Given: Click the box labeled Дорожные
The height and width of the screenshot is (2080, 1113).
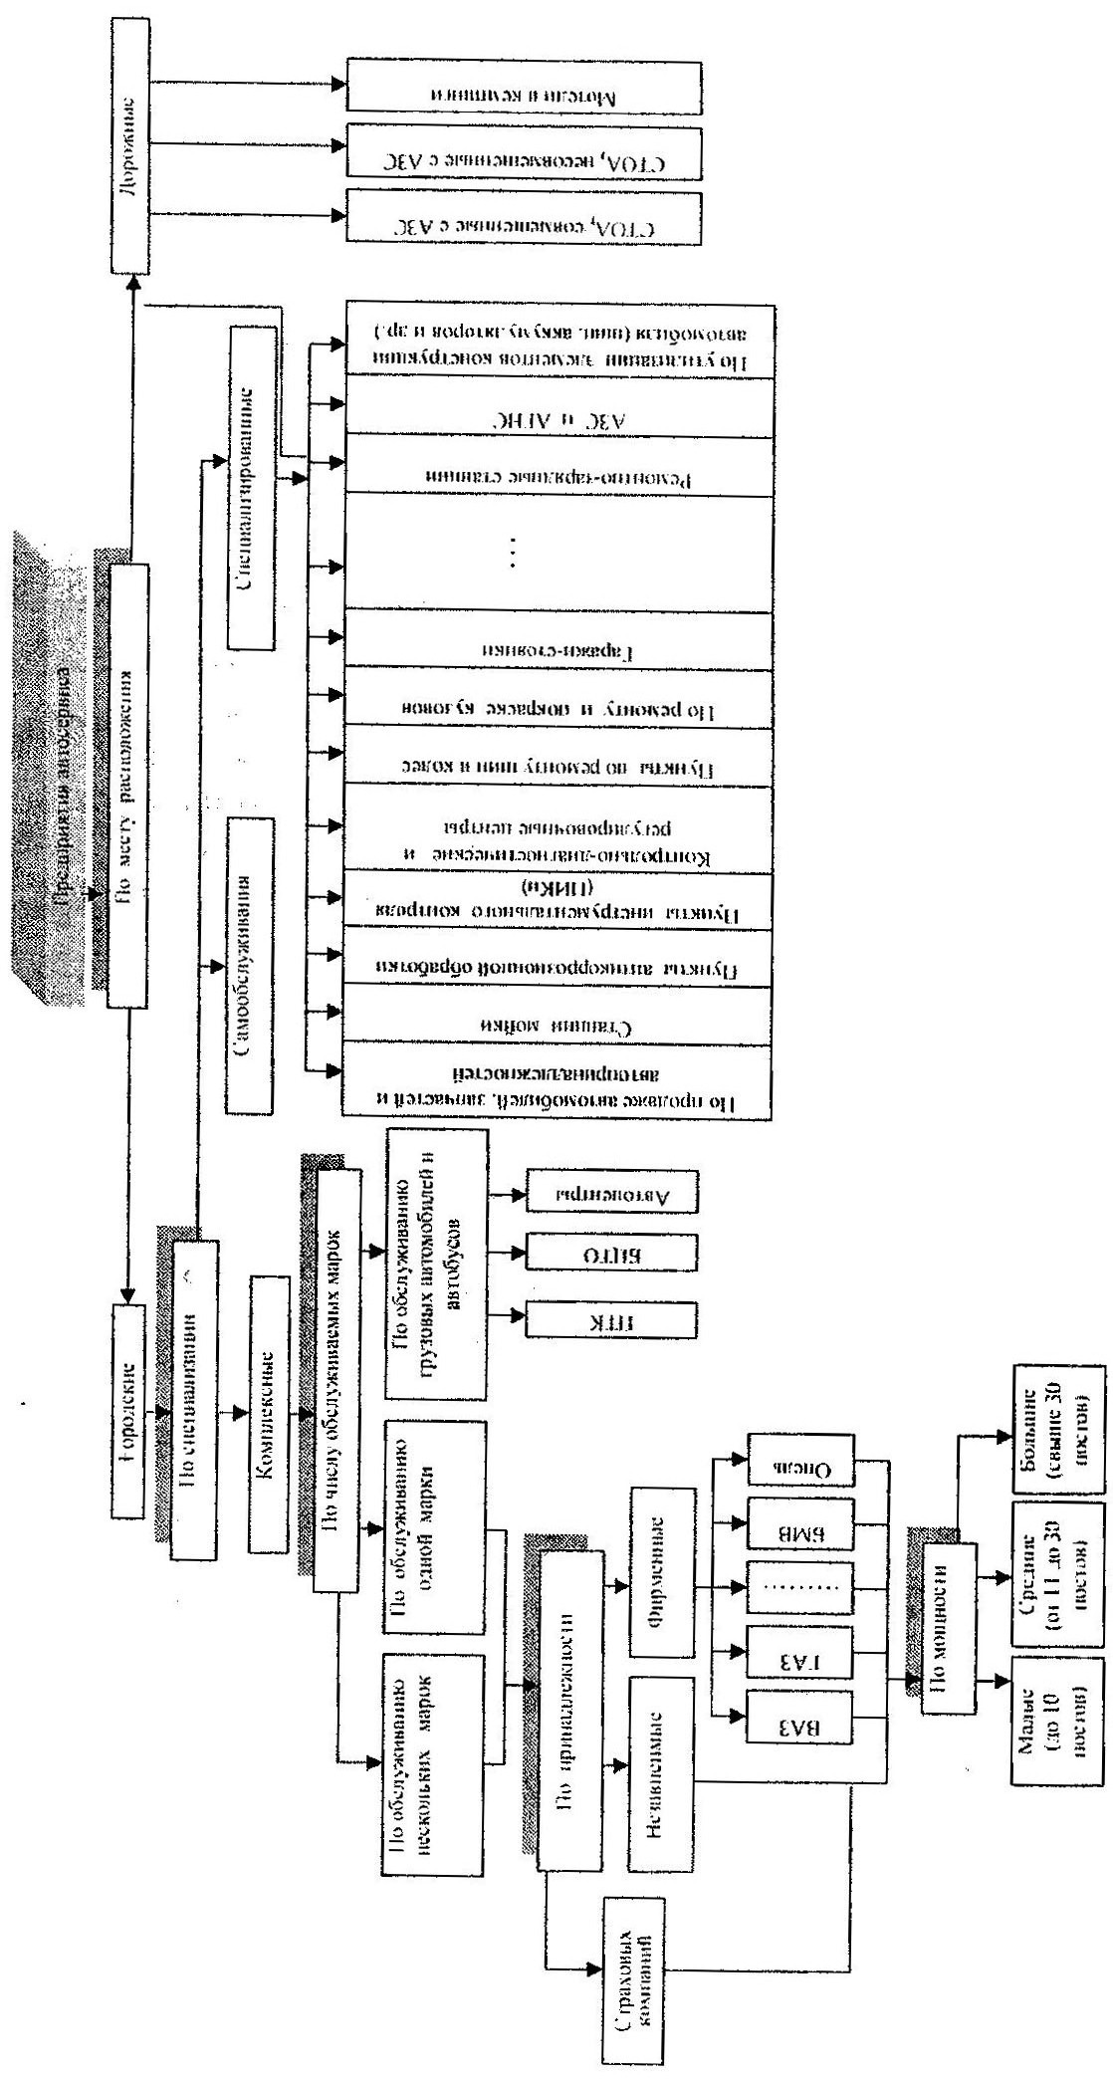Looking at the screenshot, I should coord(131,159).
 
